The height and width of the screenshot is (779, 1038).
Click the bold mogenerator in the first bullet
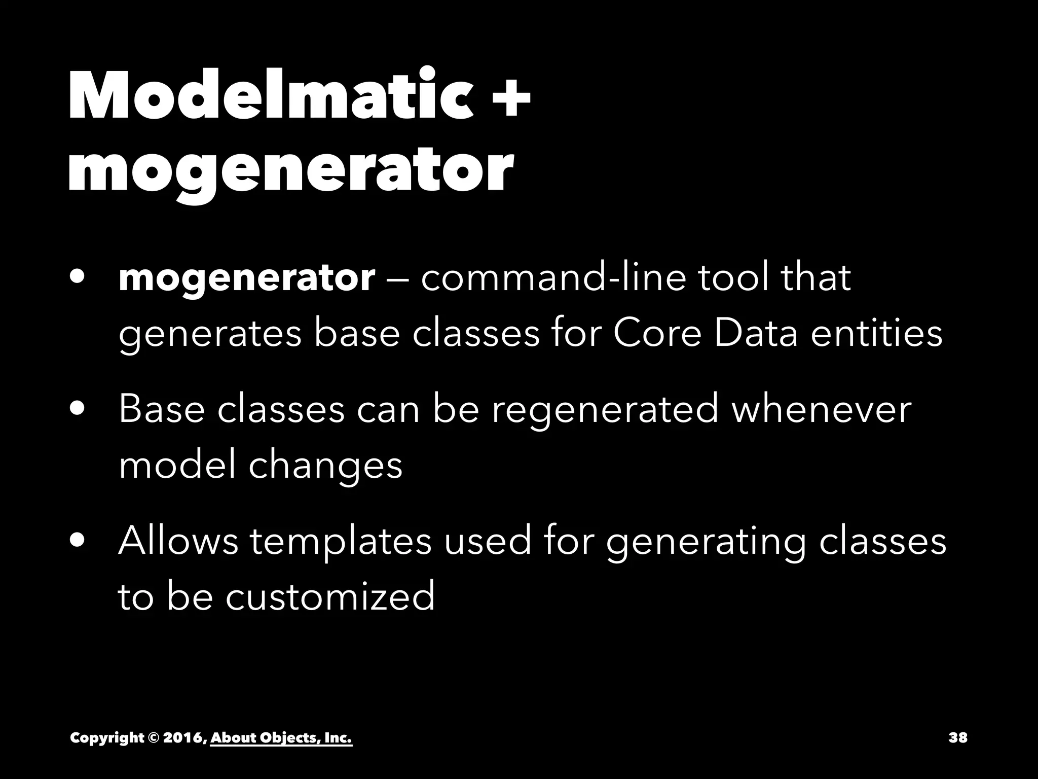(x=246, y=278)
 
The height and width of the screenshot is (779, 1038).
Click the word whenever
(x=821, y=409)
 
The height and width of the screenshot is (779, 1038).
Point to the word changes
(x=325, y=466)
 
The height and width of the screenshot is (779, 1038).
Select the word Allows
(x=178, y=541)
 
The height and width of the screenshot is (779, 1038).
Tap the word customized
(x=330, y=596)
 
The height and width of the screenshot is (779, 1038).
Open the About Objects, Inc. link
(x=281, y=738)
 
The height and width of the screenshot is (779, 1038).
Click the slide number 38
(x=957, y=737)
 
